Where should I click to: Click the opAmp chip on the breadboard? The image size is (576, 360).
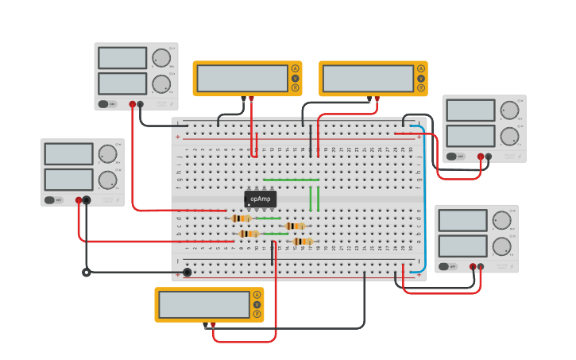260,199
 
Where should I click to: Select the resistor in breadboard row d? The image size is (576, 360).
242,218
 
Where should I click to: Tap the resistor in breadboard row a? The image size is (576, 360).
303,242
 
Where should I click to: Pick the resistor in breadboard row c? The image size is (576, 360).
295,226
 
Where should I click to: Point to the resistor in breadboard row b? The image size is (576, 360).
249,234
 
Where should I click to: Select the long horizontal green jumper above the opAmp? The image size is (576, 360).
292,180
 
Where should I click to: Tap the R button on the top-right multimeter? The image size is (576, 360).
420,88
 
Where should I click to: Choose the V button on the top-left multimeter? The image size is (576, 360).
295,78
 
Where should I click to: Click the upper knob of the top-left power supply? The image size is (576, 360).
161,58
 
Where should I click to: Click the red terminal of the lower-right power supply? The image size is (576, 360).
473,267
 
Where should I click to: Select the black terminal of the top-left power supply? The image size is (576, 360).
141,104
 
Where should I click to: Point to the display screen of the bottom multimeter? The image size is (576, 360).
204,304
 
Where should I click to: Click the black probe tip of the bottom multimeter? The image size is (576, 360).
205,325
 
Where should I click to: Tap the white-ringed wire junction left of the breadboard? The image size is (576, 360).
87,273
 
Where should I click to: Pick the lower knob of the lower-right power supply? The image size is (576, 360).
501,246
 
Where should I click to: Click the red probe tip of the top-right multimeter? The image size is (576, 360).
377,99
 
